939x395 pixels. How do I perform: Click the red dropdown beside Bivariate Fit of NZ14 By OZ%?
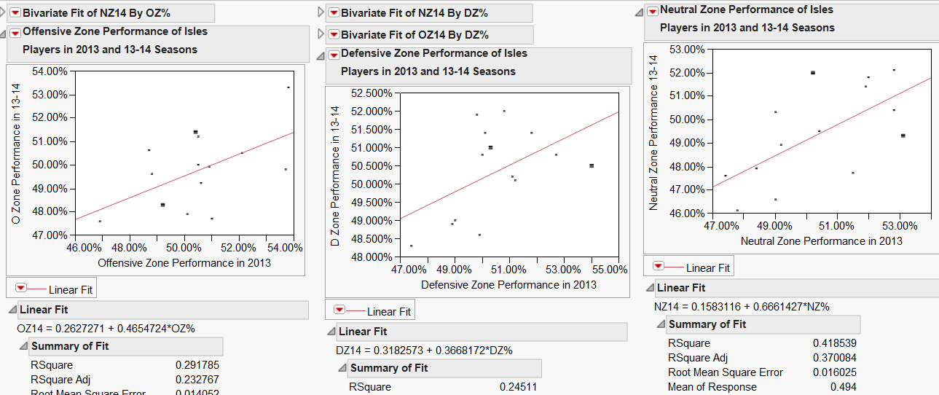[x=15, y=13]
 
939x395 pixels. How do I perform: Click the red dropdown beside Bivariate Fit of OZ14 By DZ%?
[x=333, y=35]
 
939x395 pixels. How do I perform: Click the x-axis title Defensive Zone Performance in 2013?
[x=508, y=284]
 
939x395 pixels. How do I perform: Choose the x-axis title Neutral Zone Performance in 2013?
[x=821, y=240]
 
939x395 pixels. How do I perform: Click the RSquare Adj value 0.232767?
[x=197, y=379]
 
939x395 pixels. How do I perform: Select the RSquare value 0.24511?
[x=518, y=387]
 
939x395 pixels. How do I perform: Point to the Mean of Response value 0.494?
[x=843, y=387]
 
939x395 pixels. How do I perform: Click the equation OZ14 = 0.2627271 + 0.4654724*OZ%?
[x=106, y=328]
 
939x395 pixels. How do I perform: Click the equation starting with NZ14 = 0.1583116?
[x=742, y=306]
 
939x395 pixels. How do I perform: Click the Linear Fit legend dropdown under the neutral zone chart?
[x=659, y=267]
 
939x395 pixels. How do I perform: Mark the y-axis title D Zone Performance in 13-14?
[x=335, y=176]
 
